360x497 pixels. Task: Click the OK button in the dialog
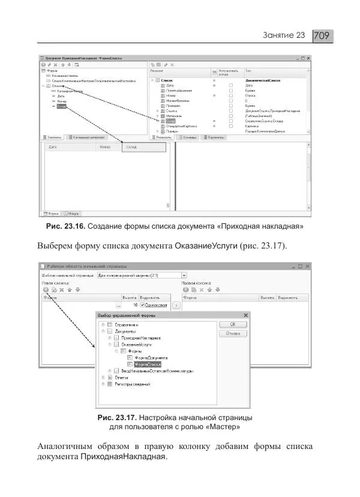click(x=233, y=324)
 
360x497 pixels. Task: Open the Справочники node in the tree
click(x=128, y=324)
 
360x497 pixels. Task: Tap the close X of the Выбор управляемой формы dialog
click(x=246, y=315)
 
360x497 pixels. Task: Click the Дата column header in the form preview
click(x=53, y=146)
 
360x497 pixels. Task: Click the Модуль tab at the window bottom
click(x=71, y=213)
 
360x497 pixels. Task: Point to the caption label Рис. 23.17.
click(x=117, y=417)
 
